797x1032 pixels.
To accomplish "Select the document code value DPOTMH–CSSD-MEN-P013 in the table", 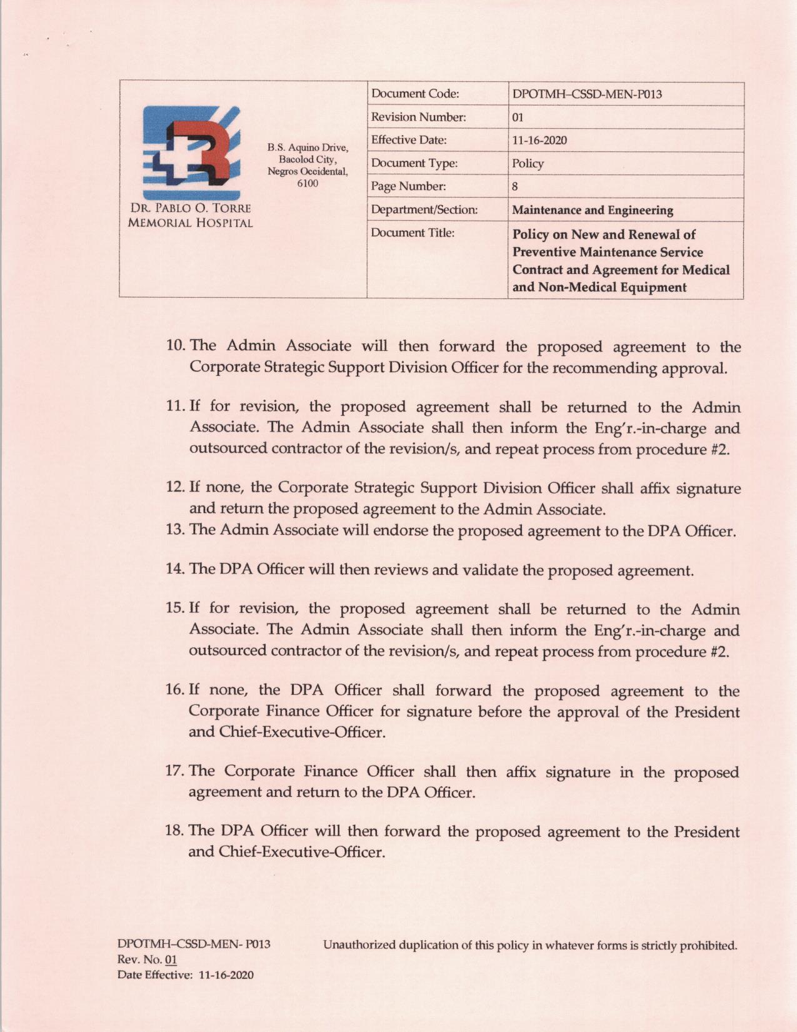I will [x=586, y=94].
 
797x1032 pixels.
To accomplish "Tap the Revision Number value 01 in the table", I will [x=518, y=118].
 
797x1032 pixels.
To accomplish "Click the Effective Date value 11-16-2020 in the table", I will [x=539, y=140].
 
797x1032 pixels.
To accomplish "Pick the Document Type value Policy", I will [x=528, y=163].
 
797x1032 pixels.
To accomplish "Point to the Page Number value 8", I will [x=515, y=186].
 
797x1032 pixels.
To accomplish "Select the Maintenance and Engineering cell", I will [x=592, y=210].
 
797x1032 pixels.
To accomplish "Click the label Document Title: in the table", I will [x=412, y=233].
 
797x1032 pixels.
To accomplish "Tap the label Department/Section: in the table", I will [x=424, y=210].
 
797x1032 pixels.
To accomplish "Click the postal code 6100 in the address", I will [x=308, y=183].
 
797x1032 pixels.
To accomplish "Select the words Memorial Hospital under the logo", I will [x=190, y=223].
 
